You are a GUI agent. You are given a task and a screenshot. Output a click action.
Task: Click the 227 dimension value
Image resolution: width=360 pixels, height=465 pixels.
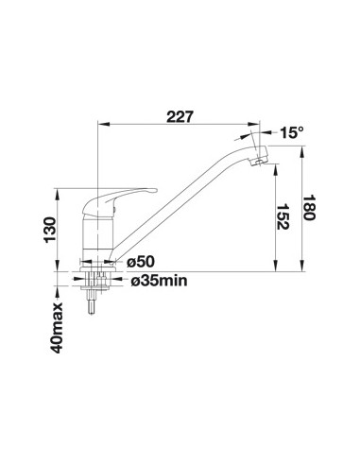[x=180, y=117]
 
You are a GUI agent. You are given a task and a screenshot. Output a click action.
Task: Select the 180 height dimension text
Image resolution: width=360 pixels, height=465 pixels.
[x=309, y=208]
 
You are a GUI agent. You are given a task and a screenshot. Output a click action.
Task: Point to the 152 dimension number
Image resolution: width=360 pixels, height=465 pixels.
[x=283, y=216]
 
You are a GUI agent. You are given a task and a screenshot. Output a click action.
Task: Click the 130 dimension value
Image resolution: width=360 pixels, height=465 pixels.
[x=50, y=230]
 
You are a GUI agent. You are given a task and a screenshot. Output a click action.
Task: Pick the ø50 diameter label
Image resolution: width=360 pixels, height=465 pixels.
[x=141, y=262]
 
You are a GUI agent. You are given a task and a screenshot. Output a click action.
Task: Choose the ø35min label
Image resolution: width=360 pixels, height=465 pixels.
[x=159, y=281]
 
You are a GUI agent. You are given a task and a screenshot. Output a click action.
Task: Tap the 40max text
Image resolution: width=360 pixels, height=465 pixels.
[x=57, y=328]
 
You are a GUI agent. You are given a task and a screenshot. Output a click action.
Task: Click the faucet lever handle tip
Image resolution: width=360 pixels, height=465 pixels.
[x=153, y=190]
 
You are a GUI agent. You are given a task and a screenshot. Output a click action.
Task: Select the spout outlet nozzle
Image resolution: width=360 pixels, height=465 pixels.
[x=260, y=158]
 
